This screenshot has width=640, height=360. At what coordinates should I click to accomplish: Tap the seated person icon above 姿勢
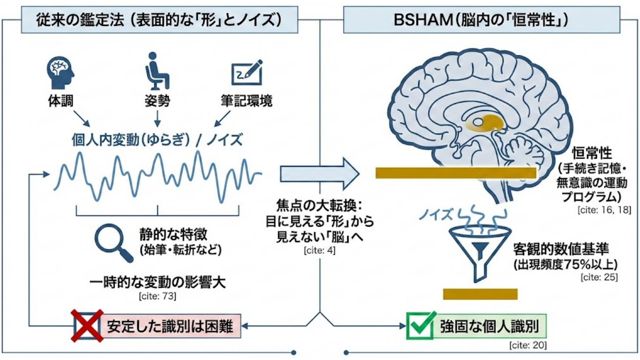pyautogui.click(x=156, y=71)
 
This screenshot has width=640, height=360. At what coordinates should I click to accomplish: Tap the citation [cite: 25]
pyautogui.click(x=599, y=277)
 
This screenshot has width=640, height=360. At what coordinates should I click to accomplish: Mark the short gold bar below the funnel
pyautogui.click(x=480, y=294)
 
